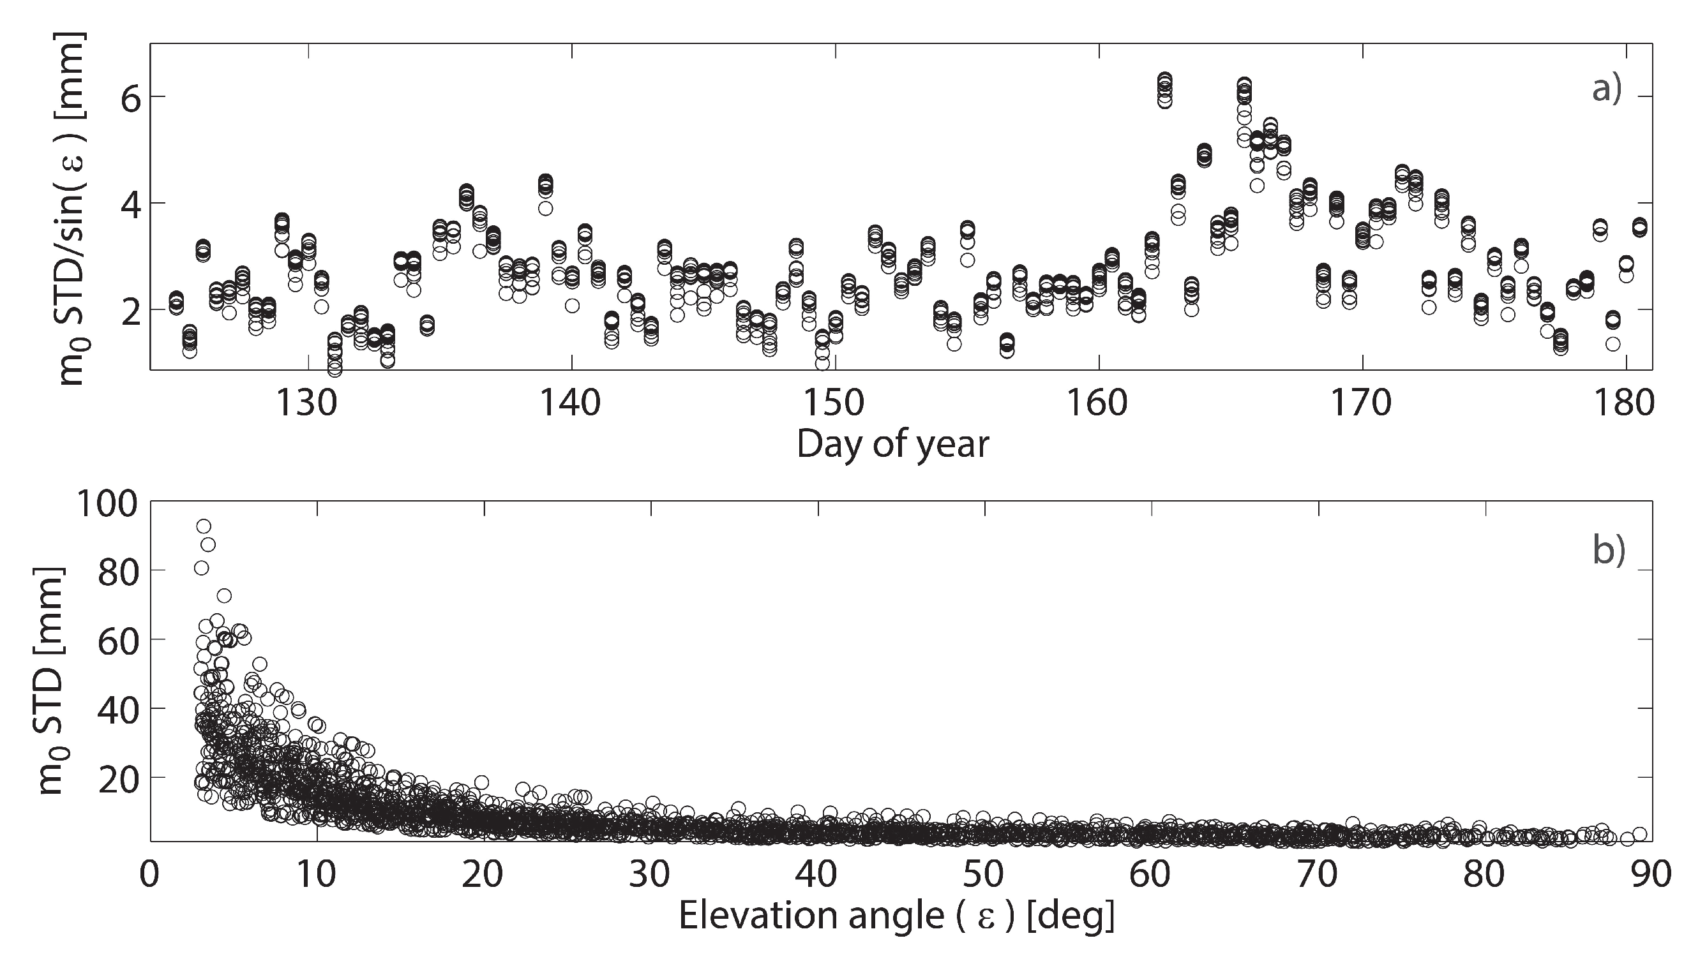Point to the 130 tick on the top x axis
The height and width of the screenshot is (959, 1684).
307,403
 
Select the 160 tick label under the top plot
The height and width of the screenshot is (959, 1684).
1098,403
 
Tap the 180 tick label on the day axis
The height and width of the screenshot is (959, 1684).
1625,403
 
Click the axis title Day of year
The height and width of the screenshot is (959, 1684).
892,445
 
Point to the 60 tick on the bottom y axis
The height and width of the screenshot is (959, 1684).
119,639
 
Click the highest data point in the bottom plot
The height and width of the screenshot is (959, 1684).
204,526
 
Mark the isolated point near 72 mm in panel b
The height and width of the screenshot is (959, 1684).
224,596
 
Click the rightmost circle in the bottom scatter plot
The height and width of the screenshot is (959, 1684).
1640,835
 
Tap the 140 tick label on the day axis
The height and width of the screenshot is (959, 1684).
571,403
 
